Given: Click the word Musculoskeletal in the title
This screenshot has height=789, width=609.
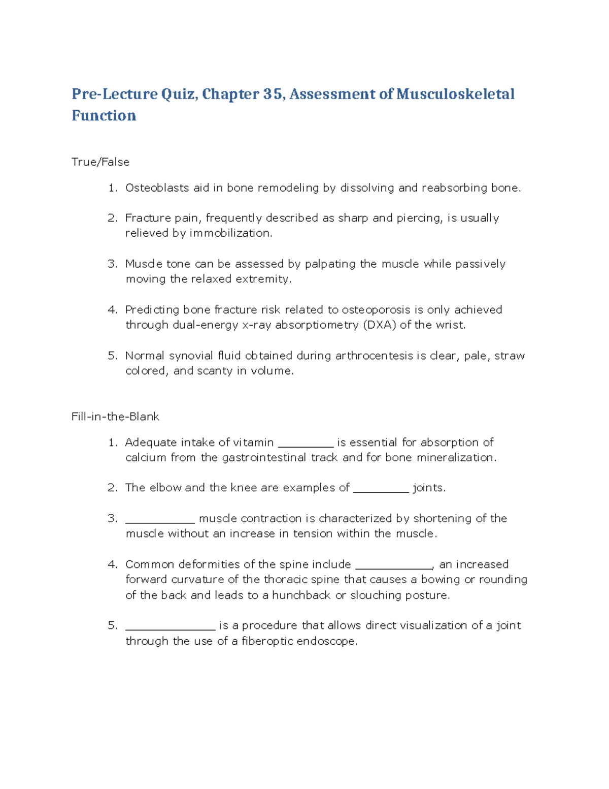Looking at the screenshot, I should tap(455, 94).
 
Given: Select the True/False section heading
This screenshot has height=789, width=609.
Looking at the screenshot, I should tap(100, 162).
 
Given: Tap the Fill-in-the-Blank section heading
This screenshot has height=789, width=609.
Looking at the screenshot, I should tap(115, 417).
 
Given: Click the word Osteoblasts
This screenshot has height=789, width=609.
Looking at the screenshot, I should tap(157, 188).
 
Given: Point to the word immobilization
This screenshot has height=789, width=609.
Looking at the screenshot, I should tap(231, 233).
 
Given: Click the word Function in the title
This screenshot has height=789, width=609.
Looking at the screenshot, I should tap(104, 116).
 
